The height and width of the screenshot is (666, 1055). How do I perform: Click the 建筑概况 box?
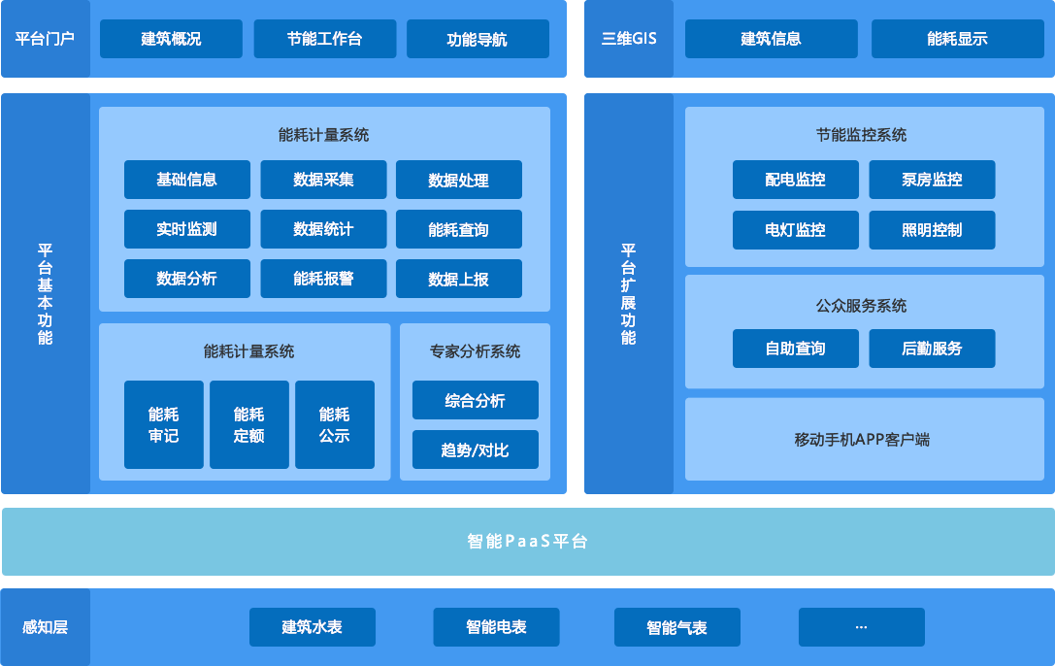tap(171, 39)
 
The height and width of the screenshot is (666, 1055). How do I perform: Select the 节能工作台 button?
tap(324, 39)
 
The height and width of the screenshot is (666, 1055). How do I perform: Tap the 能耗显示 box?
tap(957, 39)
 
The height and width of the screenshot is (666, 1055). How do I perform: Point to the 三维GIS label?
tap(629, 39)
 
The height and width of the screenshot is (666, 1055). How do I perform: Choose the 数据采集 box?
tap(323, 180)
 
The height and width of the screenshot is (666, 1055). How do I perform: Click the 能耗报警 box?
tap(323, 279)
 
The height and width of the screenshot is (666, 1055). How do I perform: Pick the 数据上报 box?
tap(458, 279)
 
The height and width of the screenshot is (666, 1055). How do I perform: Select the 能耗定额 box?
tap(248, 425)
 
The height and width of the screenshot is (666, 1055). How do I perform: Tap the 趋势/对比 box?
tap(475, 450)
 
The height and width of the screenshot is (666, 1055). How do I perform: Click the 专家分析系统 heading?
tap(475, 351)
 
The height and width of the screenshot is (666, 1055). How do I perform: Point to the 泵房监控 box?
tap(932, 180)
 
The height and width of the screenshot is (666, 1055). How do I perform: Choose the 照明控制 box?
tap(932, 230)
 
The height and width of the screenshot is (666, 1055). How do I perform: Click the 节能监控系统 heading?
tap(861, 135)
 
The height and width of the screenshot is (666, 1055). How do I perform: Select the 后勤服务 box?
tap(932, 349)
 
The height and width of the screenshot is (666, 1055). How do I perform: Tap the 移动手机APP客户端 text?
tap(861, 440)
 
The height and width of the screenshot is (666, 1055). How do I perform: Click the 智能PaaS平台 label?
tap(527, 542)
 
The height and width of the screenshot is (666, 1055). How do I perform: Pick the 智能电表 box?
tap(496, 627)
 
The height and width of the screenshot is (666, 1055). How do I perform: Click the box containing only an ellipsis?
tap(861, 627)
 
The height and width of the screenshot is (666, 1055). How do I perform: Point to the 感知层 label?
tap(45, 627)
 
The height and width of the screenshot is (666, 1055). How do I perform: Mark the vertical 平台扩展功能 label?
tap(629, 294)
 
